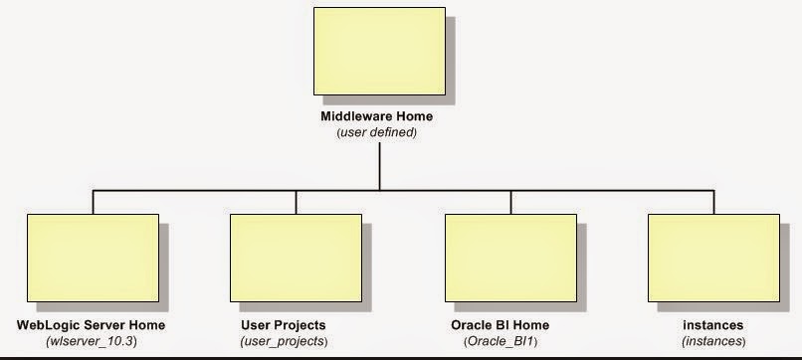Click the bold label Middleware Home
tap(376, 116)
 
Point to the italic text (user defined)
tap(376, 132)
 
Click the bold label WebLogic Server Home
tap(92, 325)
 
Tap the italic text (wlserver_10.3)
tap(92, 341)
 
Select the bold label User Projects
tap(284, 325)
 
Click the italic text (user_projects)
tap(284, 341)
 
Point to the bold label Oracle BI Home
tap(499, 325)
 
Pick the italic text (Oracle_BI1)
tap(499, 341)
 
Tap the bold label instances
tap(713, 325)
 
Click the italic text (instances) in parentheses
tap(713, 341)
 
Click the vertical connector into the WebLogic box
tap(93, 202)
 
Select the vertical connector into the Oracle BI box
tap(510, 202)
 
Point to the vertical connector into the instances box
tap(712, 202)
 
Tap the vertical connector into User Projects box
tap(296, 202)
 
